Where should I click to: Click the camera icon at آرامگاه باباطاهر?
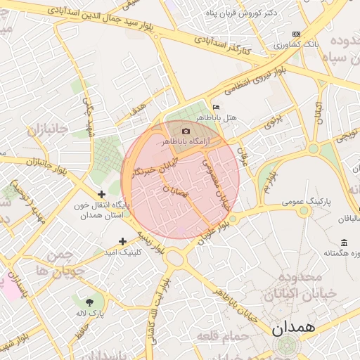pyautogui.click(x=186, y=131)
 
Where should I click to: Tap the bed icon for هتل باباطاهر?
pyautogui.click(x=215, y=107)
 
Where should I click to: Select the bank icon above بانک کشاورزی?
pyautogui.click(x=297, y=34)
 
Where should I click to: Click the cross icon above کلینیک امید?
pyautogui.click(x=123, y=241)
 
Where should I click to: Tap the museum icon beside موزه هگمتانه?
pyautogui.click(x=343, y=243)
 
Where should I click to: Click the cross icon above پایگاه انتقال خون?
pyautogui.click(x=102, y=194)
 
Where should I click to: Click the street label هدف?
pyautogui.click(x=138, y=110)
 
